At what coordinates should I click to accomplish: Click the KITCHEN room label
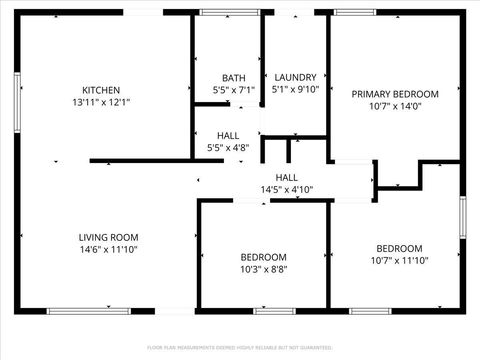point(101,88)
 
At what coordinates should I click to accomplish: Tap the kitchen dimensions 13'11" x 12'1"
point(101,101)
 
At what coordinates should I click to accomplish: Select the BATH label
point(234,77)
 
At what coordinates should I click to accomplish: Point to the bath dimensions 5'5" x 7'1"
point(234,89)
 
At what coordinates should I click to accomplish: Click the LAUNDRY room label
point(294,77)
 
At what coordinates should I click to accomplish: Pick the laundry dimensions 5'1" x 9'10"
point(294,89)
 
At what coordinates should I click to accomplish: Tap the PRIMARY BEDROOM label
point(395,93)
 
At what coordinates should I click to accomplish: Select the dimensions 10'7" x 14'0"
point(395,106)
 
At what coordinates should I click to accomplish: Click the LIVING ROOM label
point(108,237)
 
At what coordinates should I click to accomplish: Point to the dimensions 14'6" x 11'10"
point(108,250)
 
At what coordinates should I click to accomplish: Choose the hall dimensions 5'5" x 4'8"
point(227,148)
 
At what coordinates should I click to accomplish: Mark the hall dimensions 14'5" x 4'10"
point(287,188)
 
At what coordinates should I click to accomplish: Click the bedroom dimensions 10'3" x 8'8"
point(264,269)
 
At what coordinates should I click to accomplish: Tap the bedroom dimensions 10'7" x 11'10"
point(399,261)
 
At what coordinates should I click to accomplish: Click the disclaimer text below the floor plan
point(239,347)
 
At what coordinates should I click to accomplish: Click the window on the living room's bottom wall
point(89,311)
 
